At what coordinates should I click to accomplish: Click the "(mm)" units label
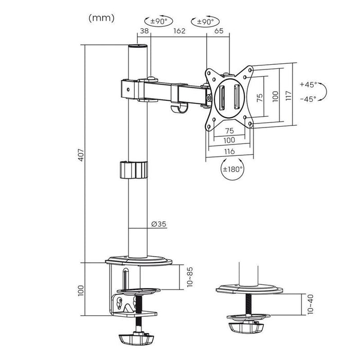102,18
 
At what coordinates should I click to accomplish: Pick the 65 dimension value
218,31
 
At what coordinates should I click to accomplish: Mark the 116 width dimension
229,151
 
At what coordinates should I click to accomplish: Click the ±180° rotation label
232,168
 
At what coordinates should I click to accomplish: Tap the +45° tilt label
308,84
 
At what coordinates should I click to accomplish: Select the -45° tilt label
308,99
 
